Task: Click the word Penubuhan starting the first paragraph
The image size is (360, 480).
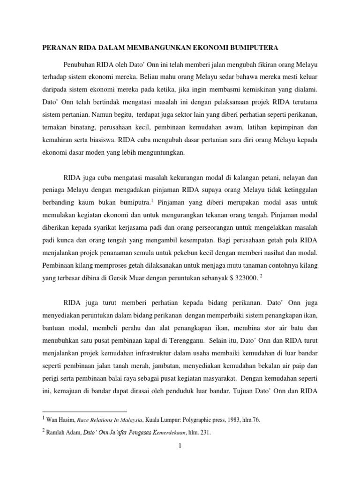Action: [x=80, y=64]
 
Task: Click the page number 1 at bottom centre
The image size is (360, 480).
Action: [x=180, y=446]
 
